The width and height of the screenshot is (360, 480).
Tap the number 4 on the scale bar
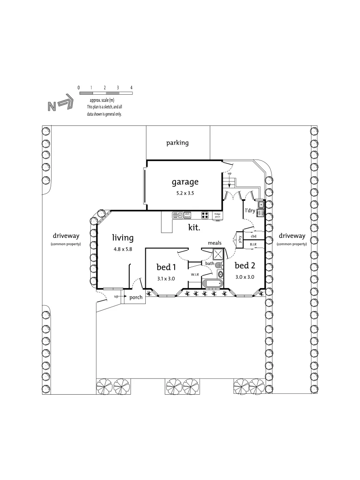coord(132,88)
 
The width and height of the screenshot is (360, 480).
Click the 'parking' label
coord(177,143)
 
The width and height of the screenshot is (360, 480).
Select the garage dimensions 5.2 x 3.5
coord(185,193)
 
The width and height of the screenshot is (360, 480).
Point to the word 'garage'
coord(185,182)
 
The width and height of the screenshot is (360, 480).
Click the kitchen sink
coord(178,215)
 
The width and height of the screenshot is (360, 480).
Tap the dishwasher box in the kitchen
coord(188,215)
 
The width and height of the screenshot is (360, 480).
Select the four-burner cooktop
coord(205,215)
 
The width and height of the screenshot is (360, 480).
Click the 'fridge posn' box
coord(217,215)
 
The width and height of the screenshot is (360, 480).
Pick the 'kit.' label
coord(194,227)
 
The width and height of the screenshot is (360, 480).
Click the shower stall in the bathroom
coord(218,255)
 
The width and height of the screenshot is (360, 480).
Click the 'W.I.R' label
coord(195,274)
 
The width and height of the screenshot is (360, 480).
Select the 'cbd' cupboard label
coord(253,236)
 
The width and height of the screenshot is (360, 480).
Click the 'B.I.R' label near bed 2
coord(253,245)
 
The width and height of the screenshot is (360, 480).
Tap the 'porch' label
coord(136,298)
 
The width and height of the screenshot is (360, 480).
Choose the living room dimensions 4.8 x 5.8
coord(123,249)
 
